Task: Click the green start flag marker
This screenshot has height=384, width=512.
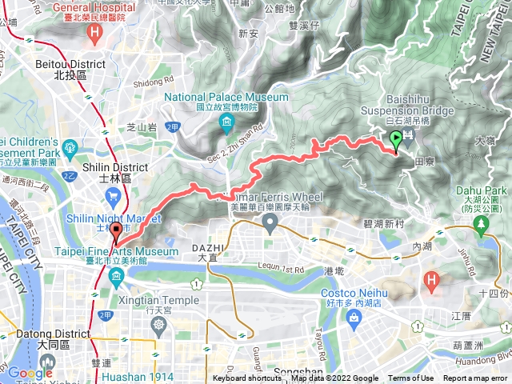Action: (x=395, y=140)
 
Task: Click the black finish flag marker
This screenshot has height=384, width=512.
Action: (x=116, y=232)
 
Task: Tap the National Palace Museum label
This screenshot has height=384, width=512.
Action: (x=226, y=97)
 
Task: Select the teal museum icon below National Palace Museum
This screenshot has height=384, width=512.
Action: (x=226, y=122)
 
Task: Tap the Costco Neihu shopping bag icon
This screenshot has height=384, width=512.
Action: (x=353, y=317)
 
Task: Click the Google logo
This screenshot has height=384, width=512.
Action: (x=30, y=372)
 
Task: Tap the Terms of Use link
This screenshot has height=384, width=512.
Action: (x=410, y=378)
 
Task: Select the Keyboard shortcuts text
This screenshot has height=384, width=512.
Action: (x=248, y=378)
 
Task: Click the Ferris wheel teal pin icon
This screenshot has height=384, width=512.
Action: (x=270, y=223)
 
